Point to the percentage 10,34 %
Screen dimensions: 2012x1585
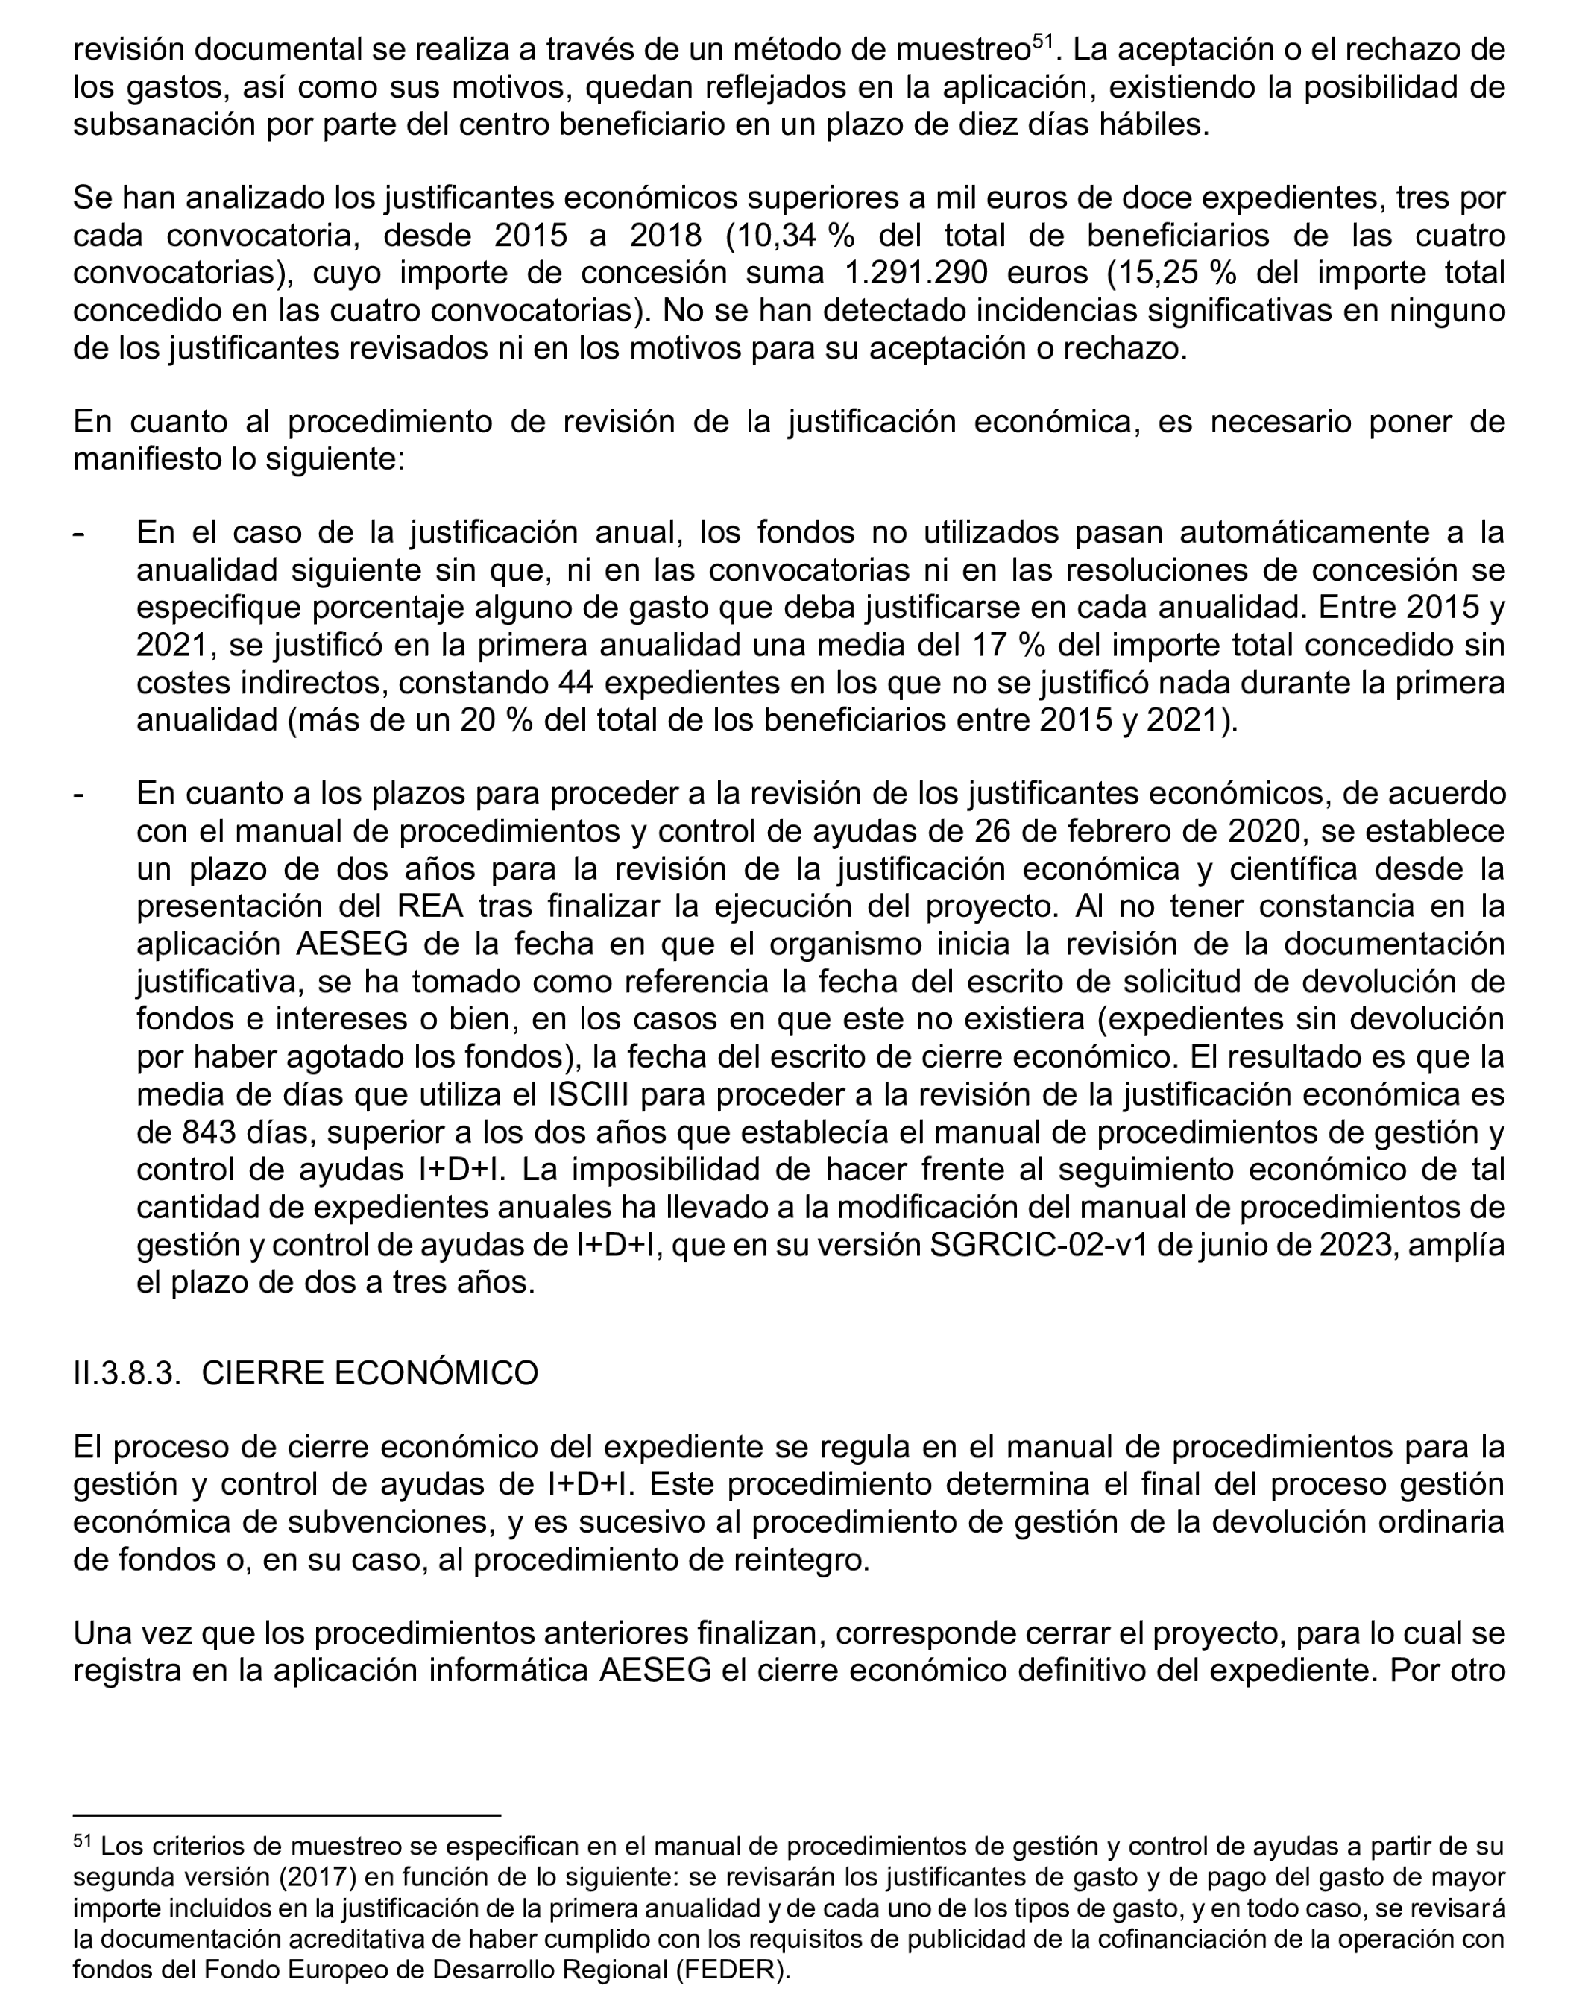click(x=790, y=236)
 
